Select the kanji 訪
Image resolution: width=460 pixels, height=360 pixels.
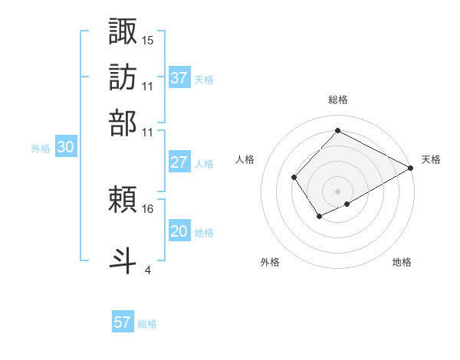pos(123,77)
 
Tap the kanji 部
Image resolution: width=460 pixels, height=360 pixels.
pos(123,122)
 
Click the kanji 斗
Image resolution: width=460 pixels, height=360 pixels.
pos(123,260)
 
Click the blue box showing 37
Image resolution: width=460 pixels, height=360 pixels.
pos(179,77)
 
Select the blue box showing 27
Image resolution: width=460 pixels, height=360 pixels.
pos(179,162)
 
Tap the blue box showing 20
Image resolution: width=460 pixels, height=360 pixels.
pos(179,231)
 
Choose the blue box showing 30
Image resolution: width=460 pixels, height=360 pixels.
pos(66,148)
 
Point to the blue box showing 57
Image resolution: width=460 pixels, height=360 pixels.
pos(123,322)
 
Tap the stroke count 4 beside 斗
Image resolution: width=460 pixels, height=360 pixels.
pos(147,270)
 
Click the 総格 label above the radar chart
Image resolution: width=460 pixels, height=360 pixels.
pos(337,100)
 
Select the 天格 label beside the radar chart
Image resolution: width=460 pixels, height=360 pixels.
pos(431,159)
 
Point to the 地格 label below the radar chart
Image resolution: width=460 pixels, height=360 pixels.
pos(402,263)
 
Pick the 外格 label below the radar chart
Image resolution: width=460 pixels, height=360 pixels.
pos(270,263)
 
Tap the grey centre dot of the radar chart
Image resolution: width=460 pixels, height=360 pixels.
pos(337,191)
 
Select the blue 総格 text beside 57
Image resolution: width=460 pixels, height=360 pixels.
pos(147,323)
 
